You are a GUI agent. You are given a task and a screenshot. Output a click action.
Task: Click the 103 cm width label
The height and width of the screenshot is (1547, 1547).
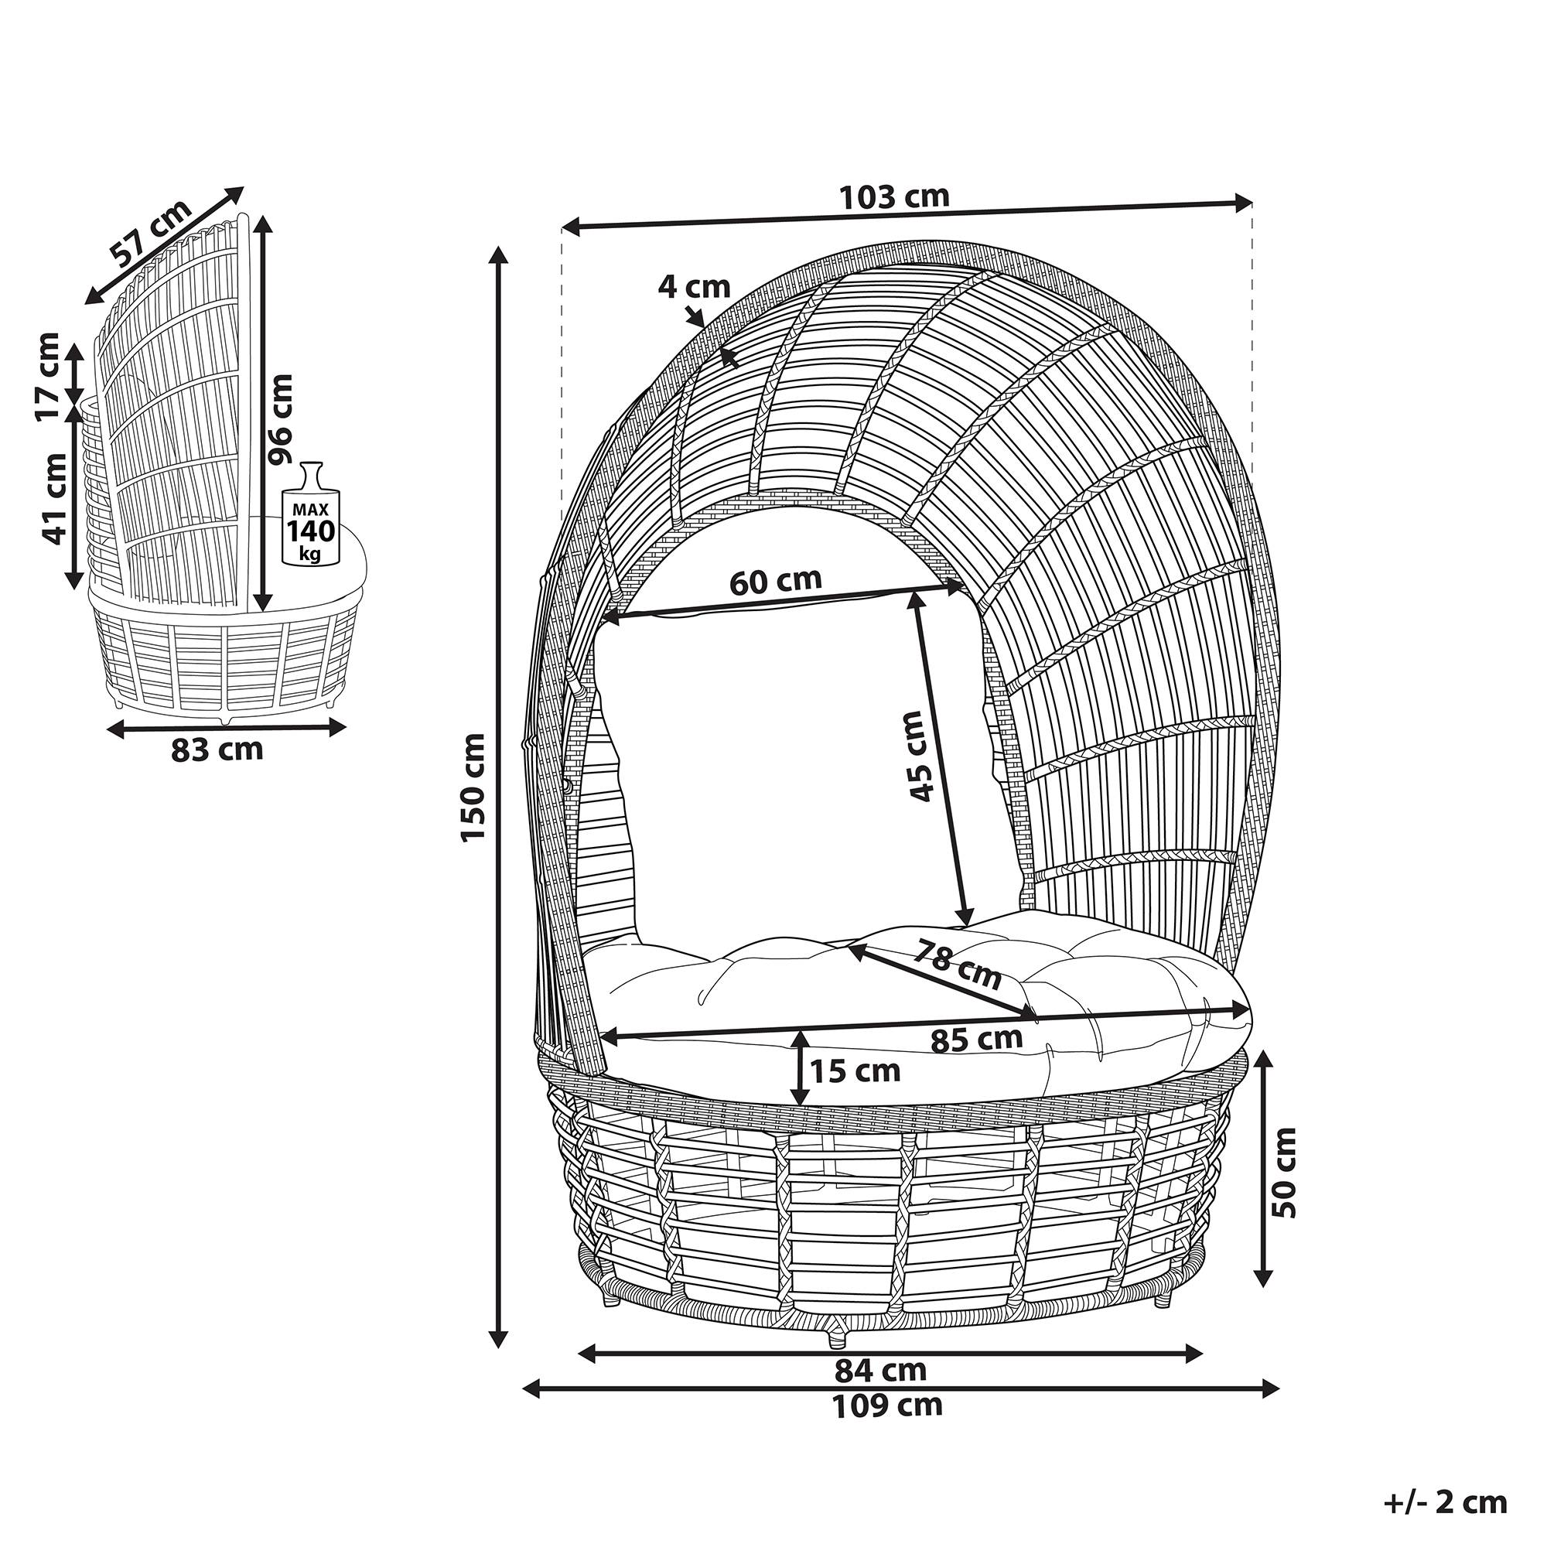[x=893, y=196]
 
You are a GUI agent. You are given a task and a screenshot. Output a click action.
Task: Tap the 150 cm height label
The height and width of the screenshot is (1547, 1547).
[x=473, y=786]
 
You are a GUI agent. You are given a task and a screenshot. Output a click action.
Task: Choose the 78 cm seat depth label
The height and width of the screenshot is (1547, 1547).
[x=958, y=965]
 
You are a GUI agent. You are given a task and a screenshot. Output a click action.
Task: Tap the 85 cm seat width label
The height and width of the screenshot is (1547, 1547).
[x=977, y=1040]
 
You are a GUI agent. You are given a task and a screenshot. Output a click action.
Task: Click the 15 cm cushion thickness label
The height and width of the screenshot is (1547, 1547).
[x=855, y=1070]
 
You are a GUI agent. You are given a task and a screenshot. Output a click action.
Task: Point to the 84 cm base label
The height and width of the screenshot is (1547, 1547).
[x=881, y=1370]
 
